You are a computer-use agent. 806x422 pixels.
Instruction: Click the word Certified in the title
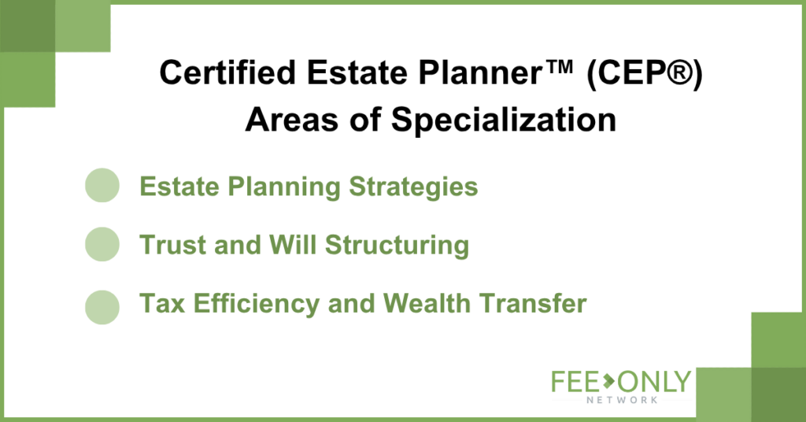pos(227,72)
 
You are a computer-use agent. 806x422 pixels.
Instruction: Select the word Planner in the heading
pos(479,72)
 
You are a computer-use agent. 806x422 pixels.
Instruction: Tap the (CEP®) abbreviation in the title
pos(645,73)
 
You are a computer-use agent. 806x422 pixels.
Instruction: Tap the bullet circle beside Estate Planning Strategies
pos(102,185)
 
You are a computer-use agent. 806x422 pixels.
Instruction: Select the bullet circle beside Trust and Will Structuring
pos(102,244)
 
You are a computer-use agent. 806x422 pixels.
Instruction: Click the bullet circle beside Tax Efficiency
pos(102,307)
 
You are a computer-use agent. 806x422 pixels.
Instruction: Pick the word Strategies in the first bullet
pos(413,187)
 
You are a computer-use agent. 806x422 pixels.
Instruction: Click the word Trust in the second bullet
pos(172,245)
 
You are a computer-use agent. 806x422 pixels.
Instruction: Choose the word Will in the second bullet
pos(293,244)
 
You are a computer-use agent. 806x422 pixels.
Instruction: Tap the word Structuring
pos(397,246)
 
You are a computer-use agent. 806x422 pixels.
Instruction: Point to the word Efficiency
pos(257,304)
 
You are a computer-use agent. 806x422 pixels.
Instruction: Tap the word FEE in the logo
pos(575,382)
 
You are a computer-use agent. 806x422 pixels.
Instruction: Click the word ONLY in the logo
pos(654,382)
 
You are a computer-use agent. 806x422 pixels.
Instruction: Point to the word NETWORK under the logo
pos(622,400)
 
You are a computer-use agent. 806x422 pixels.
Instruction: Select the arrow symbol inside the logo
pos(608,381)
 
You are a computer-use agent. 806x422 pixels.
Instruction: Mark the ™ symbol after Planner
pos(558,66)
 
